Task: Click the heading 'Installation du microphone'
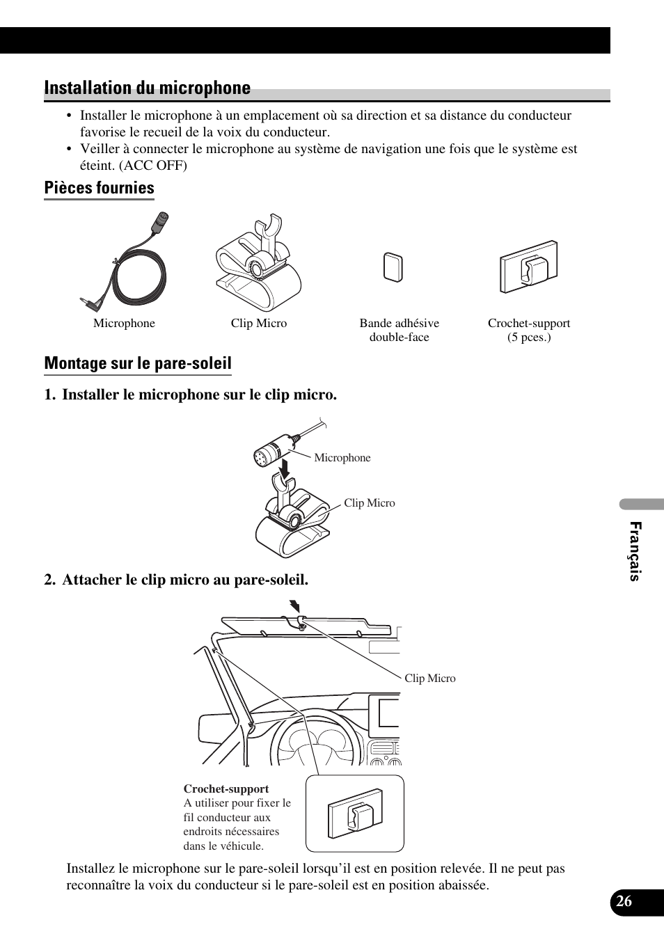click(147, 88)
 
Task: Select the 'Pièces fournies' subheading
click(99, 188)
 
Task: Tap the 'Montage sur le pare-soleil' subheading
click(138, 363)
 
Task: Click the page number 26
click(624, 901)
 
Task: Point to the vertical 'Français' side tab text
click(635, 551)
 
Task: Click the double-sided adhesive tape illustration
click(393, 268)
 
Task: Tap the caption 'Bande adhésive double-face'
click(399, 330)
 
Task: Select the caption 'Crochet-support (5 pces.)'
click(528, 330)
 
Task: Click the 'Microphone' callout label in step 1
click(342, 458)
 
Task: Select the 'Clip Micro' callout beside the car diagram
click(429, 679)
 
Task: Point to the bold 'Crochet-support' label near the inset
click(226, 789)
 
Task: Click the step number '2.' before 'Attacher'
click(50, 580)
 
